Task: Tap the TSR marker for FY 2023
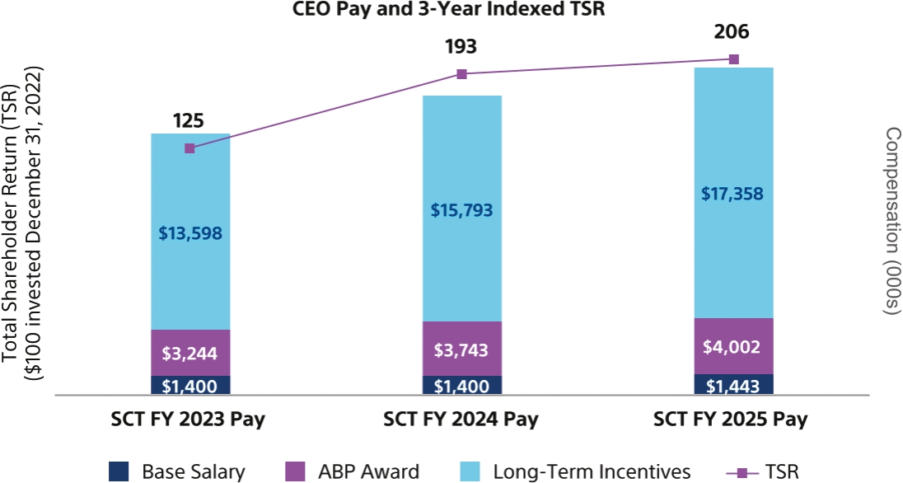(x=189, y=148)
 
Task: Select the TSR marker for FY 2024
(x=461, y=74)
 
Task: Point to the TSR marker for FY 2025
(x=734, y=59)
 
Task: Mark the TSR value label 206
(x=733, y=31)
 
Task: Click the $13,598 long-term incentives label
(x=189, y=232)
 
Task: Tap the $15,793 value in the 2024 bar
(x=461, y=210)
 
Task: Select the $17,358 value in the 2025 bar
(x=733, y=195)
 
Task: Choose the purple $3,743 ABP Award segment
(x=461, y=349)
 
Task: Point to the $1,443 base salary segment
(x=733, y=385)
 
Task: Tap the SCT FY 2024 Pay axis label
(x=461, y=419)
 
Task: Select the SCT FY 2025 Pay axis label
(x=731, y=419)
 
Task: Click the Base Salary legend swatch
(x=119, y=472)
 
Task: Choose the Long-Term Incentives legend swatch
(x=470, y=472)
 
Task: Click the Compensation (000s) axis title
(x=891, y=221)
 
